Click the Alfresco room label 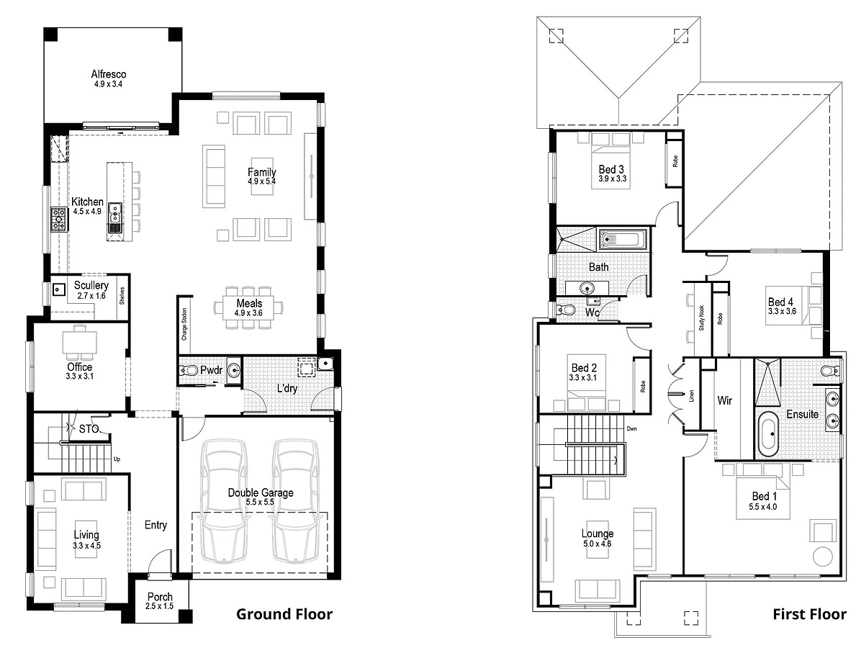click(x=109, y=74)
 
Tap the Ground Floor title click(x=284, y=614)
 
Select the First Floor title click(x=809, y=614)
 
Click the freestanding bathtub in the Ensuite click(x=768, y=433)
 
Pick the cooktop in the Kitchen click(x=58, y=219)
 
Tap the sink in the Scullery click(x=59, y=289)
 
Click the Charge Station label click(x=184, y=324)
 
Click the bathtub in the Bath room click(x=623, y=239)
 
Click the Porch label click(x=160, y=597)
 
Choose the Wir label click(x=725, y=400)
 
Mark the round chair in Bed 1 click(x=822, y=557)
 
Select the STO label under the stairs click(x=89, y=429)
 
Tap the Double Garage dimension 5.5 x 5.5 click(x=261, y=502)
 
